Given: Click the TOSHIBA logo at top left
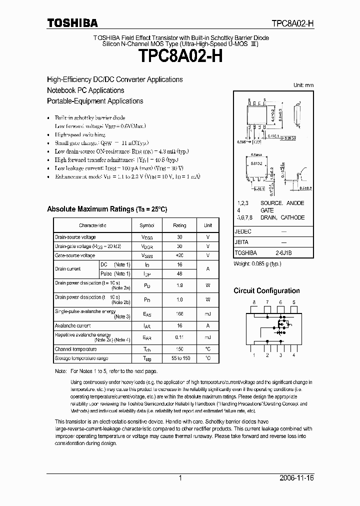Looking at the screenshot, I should coord(72,22).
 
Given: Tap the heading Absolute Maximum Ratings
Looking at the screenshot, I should coord(106,209).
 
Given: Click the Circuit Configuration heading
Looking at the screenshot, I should coord(266,290).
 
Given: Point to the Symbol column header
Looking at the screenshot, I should coord(147,225).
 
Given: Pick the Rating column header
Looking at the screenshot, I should coord(179,225).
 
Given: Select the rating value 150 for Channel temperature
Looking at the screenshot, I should coord(179,349).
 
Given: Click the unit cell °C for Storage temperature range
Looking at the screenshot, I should coord(208,358).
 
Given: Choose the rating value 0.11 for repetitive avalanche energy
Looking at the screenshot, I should coord(179,337).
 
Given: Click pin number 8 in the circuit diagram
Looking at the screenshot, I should coord(254,302).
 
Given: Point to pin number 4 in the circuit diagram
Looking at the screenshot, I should coord(293,355).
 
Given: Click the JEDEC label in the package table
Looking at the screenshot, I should coord(243,232).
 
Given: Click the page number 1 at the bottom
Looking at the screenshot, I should coord(179,478).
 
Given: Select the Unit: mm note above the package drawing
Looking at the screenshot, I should coord(303,85).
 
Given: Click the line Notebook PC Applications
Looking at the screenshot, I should coord(85,90).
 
